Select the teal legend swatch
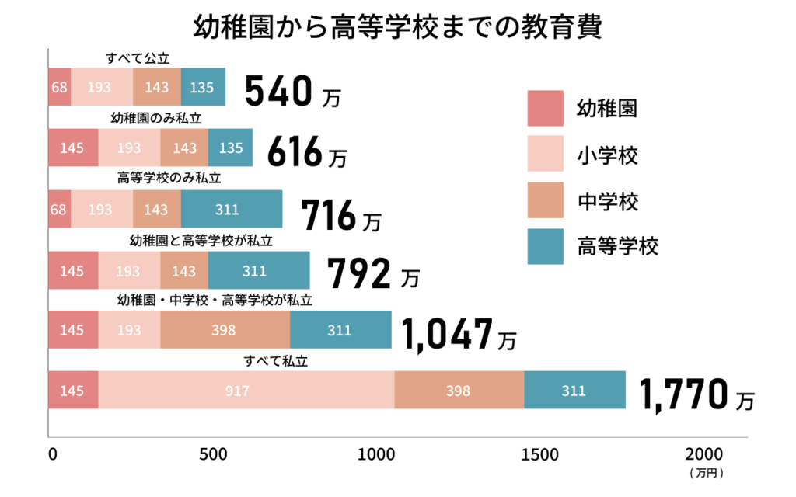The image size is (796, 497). pos(545,246)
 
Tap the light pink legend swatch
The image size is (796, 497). pos(545,153)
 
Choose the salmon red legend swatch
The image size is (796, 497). pos(545,108)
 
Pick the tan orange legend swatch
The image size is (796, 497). pos(545,200)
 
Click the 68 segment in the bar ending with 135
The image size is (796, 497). pos(59,87)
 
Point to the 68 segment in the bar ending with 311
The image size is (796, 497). pos(59,209)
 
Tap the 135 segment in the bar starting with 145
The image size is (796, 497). pos(231,148)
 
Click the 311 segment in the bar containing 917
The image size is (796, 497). pos(575,390)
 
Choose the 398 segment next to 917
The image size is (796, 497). pos(459,390)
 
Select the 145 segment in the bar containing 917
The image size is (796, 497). pos(73,390)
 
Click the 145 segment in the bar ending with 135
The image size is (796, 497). pos(73,148)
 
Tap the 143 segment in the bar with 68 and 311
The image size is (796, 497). pos(157,209)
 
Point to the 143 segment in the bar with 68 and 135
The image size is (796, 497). pos(157,87)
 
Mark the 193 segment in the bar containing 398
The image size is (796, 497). pos(129,329)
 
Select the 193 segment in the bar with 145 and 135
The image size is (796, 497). pos(129,148)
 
